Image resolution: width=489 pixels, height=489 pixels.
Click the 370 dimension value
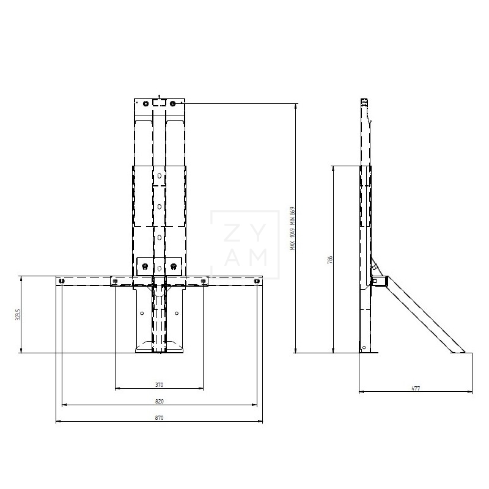point(159,384)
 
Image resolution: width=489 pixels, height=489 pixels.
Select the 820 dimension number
point(159,401)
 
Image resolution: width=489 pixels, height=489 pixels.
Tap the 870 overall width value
point(159,417)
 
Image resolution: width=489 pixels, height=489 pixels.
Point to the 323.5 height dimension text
point(18,314)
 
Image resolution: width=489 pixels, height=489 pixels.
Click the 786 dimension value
point(330,259)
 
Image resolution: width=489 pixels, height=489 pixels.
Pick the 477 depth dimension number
point(416,389)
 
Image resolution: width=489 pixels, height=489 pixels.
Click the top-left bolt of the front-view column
point(145,103)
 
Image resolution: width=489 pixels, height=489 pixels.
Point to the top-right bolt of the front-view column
point(173,103)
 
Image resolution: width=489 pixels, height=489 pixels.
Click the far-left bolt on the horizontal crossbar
point(61,281)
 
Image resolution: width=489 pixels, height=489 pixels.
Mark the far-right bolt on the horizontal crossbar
point(257,281)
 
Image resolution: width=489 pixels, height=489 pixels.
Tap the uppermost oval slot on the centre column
point(159,176)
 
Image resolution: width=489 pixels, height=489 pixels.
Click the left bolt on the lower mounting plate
point(145,266)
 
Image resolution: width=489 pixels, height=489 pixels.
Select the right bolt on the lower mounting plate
point(174,266)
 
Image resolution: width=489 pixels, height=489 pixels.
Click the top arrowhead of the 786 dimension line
point(333,167)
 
